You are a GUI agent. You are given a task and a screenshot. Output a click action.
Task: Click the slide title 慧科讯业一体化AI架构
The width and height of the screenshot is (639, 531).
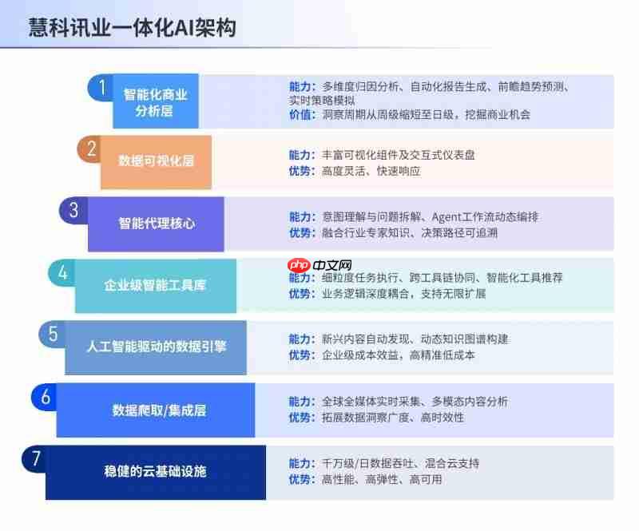coord(133,28)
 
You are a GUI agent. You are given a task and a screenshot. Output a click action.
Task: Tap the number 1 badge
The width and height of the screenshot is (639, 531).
coord(101,86)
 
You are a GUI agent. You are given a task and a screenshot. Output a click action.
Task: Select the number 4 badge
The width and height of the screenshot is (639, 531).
coord(63,272)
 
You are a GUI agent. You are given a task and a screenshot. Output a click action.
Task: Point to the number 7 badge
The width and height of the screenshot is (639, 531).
coord(35,458)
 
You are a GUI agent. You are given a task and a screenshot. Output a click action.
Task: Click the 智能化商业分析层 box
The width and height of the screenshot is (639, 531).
coord(155,102)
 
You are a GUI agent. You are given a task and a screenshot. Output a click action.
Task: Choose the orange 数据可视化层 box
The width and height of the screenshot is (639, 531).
coord(156,161)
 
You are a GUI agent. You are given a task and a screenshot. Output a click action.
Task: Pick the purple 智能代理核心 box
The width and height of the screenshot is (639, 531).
coord(157,224)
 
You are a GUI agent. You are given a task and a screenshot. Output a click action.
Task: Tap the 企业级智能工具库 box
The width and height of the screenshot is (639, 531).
coord(155,285)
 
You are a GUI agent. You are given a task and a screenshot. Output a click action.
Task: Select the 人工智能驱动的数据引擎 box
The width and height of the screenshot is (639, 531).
coord(156,347)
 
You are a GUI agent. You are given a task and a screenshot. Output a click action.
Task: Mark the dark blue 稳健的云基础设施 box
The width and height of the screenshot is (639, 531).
coord(155,471)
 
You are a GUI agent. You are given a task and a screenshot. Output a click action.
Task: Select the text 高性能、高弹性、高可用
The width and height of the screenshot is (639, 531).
coord(381,479)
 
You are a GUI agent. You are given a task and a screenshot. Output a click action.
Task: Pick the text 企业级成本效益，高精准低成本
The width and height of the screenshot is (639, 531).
coord(398,355)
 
